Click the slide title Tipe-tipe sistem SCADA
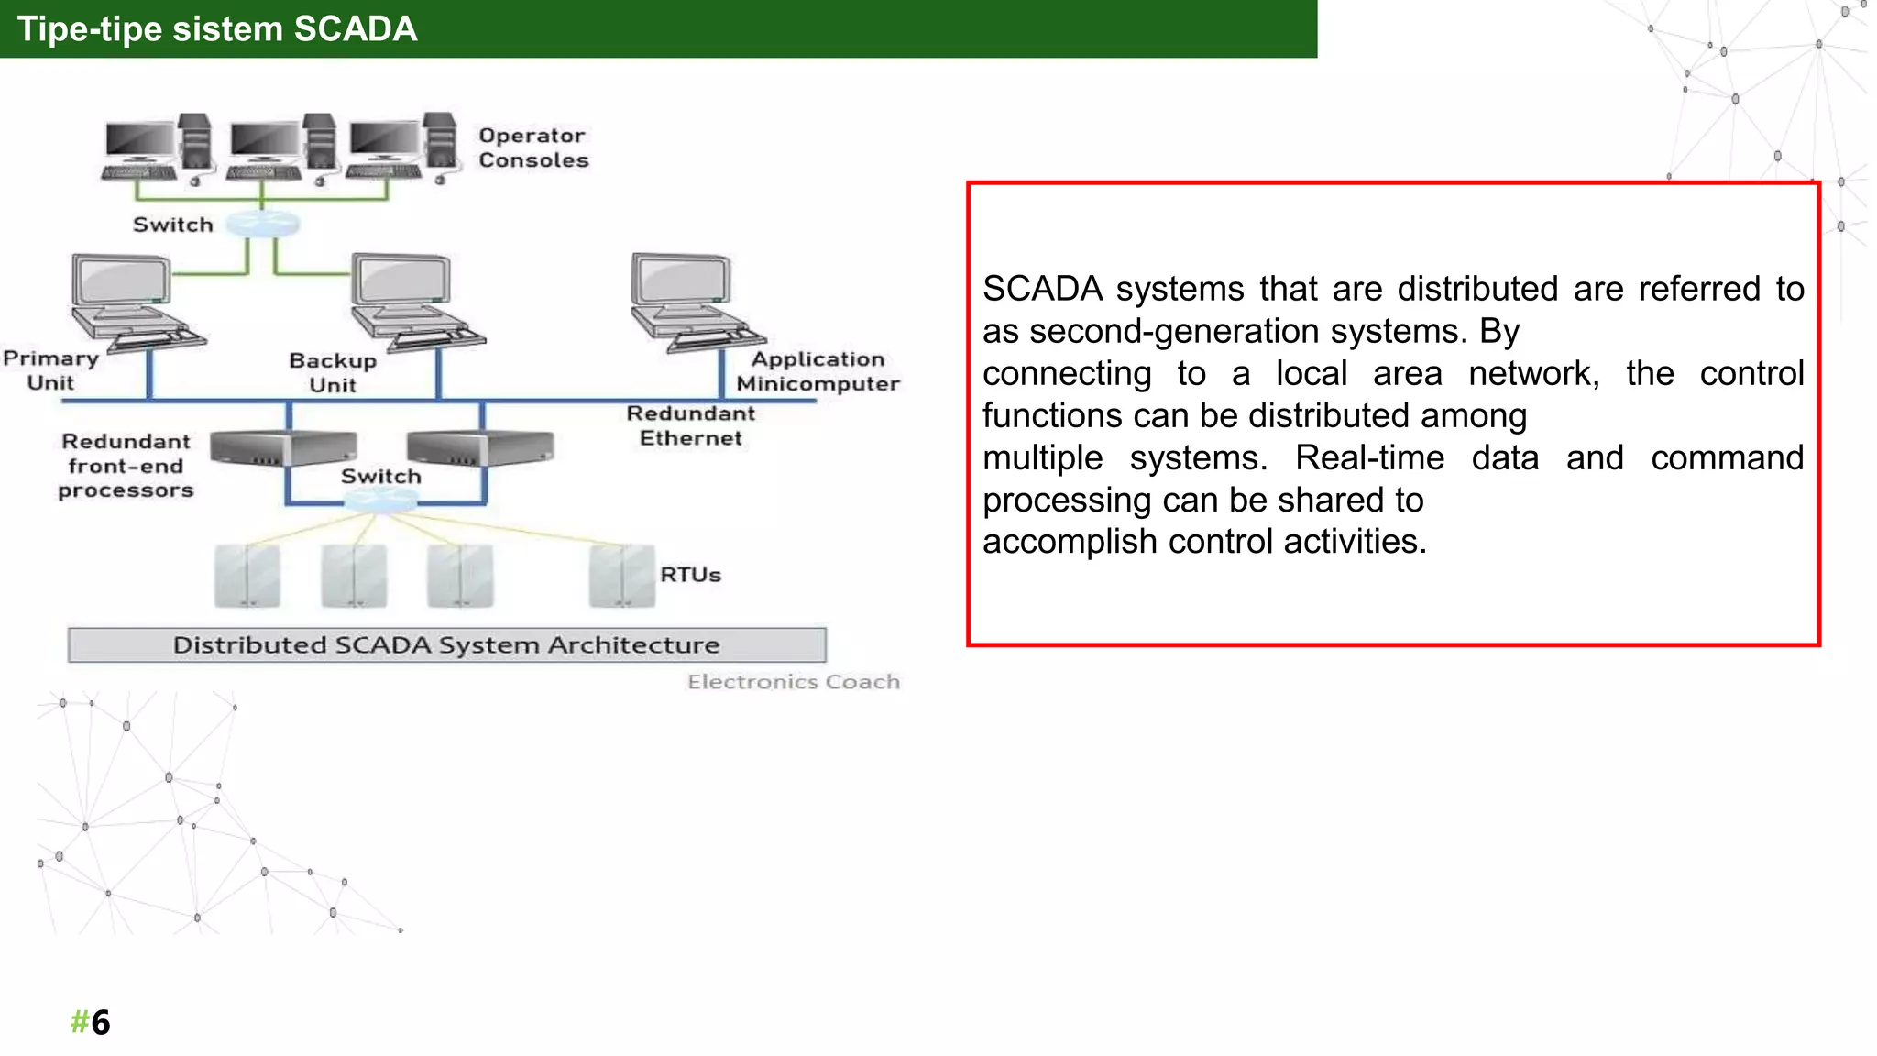(217, 29)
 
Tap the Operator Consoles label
(532, 148)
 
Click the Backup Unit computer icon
(413, 302)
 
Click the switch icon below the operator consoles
(263, 224)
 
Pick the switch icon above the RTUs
(380, 500)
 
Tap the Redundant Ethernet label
(690, 425)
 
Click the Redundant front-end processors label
(126, 466)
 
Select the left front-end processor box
(282, 447)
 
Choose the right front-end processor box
(480, 447)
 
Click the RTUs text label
(690, 575)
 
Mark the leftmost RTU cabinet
(247, 576)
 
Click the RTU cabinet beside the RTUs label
(621, 576)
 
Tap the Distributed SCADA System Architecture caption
(446, 644)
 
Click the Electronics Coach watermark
(793, 682)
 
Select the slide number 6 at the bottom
(100, 1022)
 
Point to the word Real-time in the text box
(1369, 457)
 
